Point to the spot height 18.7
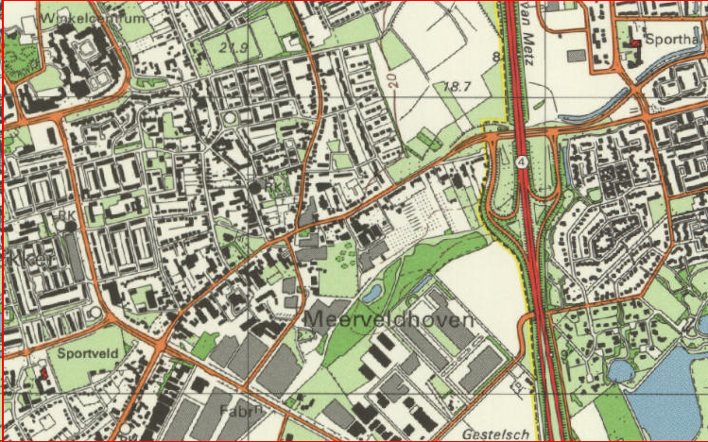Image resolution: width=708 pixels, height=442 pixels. tap(458, 86)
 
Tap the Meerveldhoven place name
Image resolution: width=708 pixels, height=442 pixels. tap(388, 320)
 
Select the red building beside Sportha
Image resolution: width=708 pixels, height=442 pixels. tap(636, 42)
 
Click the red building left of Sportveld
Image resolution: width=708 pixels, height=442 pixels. tap(41, 372)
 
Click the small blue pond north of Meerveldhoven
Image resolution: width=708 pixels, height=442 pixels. tap(372, 287)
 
